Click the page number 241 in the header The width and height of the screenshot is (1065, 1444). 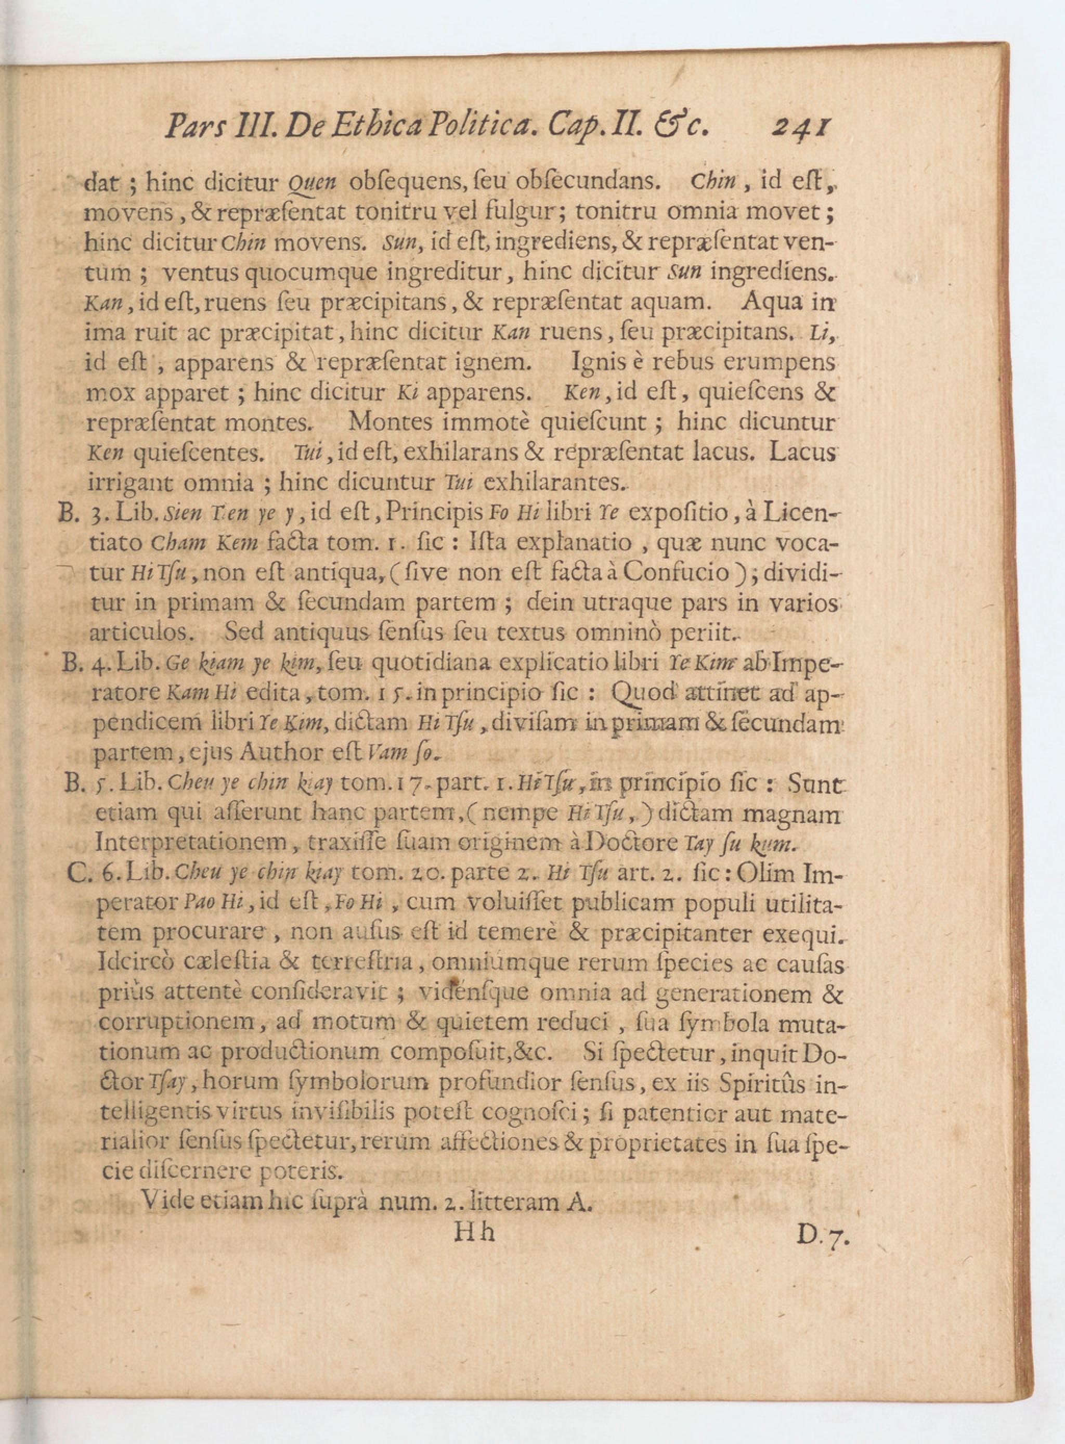801,127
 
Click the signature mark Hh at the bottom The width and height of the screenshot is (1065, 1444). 474,1232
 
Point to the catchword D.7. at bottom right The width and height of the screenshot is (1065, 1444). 824,1235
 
